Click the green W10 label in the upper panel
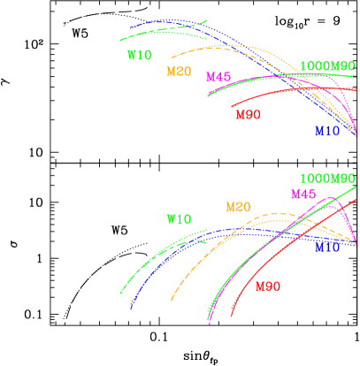[x=140, y=55]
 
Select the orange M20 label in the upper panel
[x=179, y=72]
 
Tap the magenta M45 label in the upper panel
[x=218, y=77]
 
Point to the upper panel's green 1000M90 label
[x=327, y=66]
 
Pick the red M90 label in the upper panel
[x=248, y=114]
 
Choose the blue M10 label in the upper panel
[x=327, y=131]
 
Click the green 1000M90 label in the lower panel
[x=327, y=178]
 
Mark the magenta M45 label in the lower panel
[x=303, y=194]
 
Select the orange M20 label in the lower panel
[x=237, y=207]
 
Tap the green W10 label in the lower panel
[x=179, y=218]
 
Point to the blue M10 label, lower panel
[x=327, y=248]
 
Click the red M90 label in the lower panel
[x=268, y=286]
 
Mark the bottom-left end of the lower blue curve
[x=131, y=309]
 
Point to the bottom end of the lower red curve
[x=232, y=316]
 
